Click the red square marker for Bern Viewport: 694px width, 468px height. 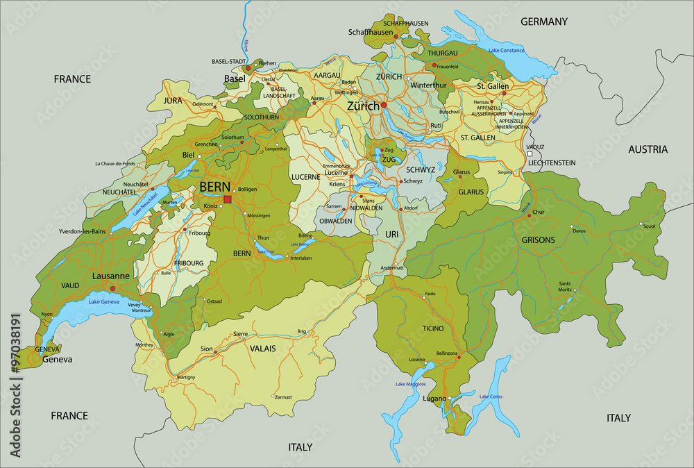(228, 199)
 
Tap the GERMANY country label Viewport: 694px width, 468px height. (544, 22)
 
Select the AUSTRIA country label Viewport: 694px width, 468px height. (648, 149)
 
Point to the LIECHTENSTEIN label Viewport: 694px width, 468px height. (552, 162)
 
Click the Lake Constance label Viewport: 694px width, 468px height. (507, 51)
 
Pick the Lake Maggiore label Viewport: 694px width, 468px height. (410, 384)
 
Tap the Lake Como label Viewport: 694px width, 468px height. (491, 396)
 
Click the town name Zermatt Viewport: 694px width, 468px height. (283, 397)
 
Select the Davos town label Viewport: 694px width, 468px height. (579, 231)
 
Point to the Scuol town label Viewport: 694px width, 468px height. (649, 226)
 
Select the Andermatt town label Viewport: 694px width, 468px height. (392, 268)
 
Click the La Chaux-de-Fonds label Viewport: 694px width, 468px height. (115, 164)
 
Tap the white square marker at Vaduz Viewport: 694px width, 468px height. (530, 154)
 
